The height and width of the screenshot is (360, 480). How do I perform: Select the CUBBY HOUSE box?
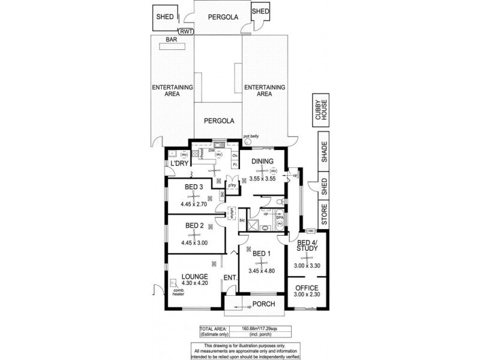(x=319, y=112)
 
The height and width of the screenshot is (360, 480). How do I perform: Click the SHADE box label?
(x=324, y=153)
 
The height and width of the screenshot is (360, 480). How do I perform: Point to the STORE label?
(x=324, y=215)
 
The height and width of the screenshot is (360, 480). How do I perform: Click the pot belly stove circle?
(x=247, y=144)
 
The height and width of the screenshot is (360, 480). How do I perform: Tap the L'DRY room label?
(x=179, y=164)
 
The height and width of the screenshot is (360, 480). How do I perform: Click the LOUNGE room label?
(x=195, y=277)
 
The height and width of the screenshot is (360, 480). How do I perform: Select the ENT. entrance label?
(x=229, y=277)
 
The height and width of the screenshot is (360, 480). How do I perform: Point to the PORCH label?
(x=263, y=304)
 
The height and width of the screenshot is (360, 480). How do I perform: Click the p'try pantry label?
(x=230, y=187)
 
